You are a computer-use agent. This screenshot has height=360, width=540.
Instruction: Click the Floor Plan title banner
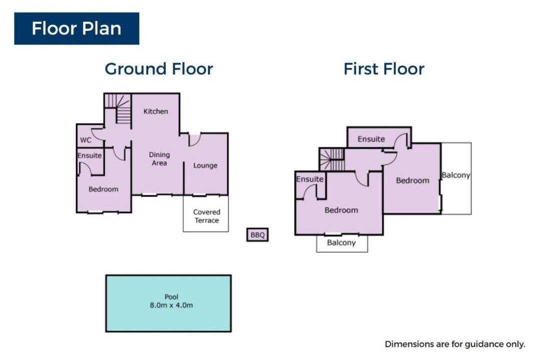[76, 28]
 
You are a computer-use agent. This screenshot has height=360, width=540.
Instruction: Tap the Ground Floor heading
[159, 69]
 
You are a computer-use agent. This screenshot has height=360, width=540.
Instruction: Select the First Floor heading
[384, 69]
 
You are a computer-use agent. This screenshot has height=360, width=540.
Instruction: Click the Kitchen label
[155, 111]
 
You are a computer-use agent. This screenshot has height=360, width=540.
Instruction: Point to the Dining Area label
[159, 159]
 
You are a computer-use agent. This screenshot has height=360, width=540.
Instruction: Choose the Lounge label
[205, 165]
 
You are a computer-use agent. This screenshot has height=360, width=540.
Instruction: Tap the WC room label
[86, 140]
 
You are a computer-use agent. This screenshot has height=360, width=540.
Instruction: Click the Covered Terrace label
[206, 216]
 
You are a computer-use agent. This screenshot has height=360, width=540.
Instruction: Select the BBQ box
[257, 235]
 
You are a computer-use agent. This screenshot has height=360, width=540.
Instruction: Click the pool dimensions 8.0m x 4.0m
[171, 305]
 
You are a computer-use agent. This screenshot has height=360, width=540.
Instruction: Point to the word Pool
[171, 297]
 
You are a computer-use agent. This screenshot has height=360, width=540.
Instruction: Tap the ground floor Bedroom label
[103, 189]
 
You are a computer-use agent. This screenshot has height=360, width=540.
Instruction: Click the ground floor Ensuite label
[89, 155]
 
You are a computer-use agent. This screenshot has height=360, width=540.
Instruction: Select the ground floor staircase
[118, 108]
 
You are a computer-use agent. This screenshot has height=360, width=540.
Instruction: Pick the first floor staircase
[332, 159]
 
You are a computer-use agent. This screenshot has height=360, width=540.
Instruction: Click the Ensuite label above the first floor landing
[371, 139]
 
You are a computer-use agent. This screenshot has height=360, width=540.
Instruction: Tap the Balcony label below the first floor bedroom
[341, 243]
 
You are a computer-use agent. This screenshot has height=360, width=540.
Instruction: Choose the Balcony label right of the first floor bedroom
[456, 175]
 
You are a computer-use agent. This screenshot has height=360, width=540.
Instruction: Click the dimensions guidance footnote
[455, 344]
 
